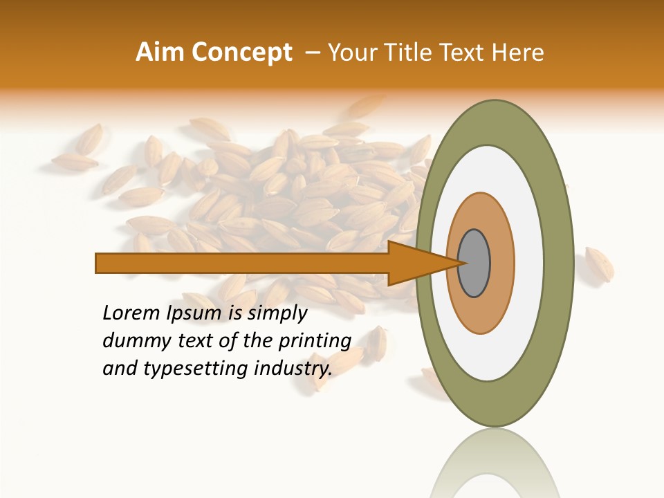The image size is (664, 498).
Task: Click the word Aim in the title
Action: (160, 53)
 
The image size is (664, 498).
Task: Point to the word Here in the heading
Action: (518, 53)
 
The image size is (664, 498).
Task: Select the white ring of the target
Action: (529, 263)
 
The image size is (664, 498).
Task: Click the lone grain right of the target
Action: (598, 264)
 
